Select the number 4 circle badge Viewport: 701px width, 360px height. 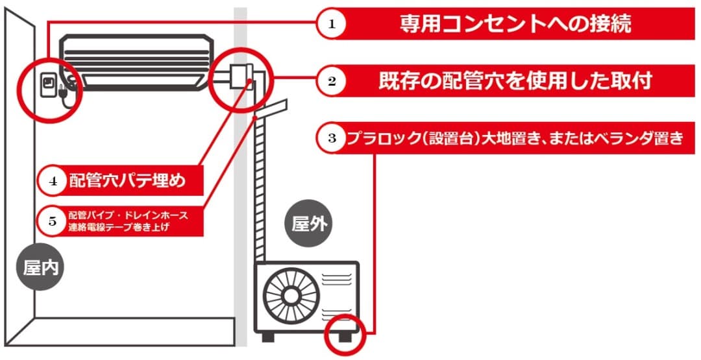[x=54, y=181]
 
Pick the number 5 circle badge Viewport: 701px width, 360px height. [x=54, y=221]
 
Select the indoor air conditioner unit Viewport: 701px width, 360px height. [x=137, y=61]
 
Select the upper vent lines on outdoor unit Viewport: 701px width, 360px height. [x=337, y=280]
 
